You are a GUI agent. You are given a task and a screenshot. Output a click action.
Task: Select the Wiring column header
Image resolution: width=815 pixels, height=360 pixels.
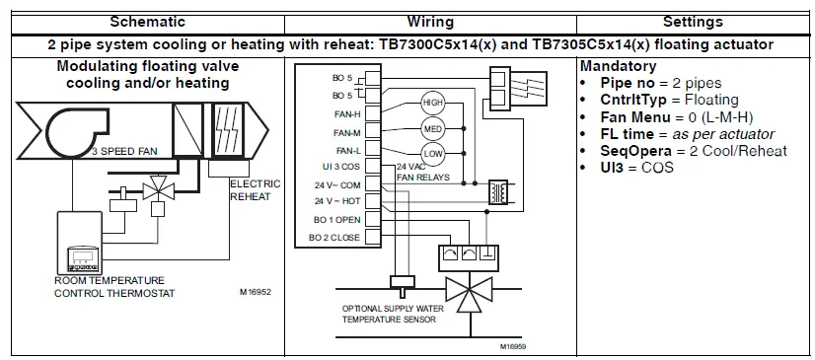point(430,21)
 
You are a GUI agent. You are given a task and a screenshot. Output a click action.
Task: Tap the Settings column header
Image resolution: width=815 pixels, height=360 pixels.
point(693,21)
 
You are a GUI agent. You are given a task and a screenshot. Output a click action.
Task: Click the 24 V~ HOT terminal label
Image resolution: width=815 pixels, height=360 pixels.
point(335,201)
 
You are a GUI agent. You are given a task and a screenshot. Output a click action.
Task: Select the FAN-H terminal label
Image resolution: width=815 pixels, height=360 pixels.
point(345,113)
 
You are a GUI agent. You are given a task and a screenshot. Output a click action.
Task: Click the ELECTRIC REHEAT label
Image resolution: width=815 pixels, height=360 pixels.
point(255,189)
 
